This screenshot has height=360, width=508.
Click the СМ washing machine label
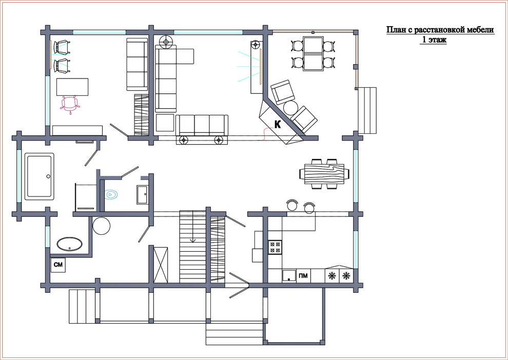tap(58, 265)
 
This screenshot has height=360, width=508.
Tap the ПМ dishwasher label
tap(303, 276)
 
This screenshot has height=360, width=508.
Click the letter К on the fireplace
tap(278, 124)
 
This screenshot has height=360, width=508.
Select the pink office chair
tap(70, 104)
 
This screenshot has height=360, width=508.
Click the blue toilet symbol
tap(111, 194)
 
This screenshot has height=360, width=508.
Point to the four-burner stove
tap(275, 247)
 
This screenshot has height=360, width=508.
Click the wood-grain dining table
tap(324, 174)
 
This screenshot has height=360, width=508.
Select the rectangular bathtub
tap(39, 176)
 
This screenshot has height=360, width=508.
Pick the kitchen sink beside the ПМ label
tap(289, 276)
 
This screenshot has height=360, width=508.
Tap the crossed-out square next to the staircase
tap(161, 265)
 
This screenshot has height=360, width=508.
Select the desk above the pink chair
tap(72, 87)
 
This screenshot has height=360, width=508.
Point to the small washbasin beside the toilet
tap(142, 194)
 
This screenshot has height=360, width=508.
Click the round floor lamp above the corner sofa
tap(167, 42)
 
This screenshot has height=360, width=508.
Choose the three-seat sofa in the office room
tap(137, 64)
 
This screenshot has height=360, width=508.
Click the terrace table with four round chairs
tap(314, 53)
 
